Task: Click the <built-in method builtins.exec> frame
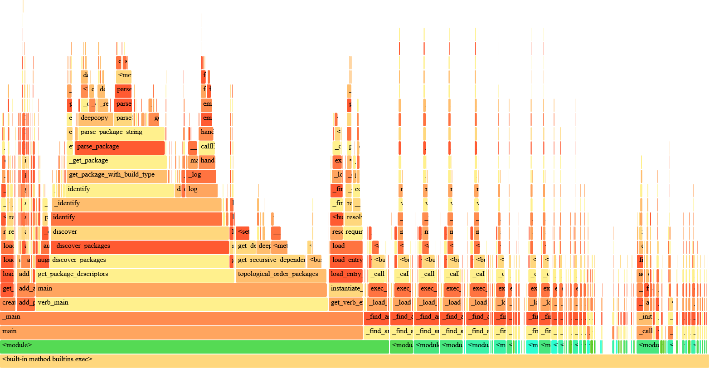(354, 360)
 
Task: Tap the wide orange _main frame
(181, 317)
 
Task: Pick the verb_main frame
(181, 303)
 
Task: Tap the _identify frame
(136, 204)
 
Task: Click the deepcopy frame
(95, 118)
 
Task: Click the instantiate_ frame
(345, 289)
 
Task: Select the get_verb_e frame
(346, 303)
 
